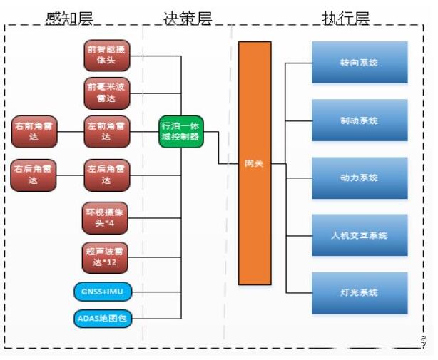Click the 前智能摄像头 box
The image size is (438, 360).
107,55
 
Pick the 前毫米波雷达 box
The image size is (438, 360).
107,93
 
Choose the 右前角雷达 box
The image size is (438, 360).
34,131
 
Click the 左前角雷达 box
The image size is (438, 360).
107,131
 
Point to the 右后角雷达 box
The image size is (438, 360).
34,175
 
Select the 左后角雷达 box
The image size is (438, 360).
107,175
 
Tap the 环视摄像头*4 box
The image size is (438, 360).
107,218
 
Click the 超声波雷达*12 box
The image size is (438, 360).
107,258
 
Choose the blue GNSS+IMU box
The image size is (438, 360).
103,292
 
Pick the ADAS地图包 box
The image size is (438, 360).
103,319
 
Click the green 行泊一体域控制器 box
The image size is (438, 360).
182,131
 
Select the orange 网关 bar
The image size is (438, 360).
255,163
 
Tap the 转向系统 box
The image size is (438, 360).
360,63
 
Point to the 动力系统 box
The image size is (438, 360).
360,178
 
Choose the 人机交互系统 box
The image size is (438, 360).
360,235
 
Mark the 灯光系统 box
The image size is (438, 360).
360,292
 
